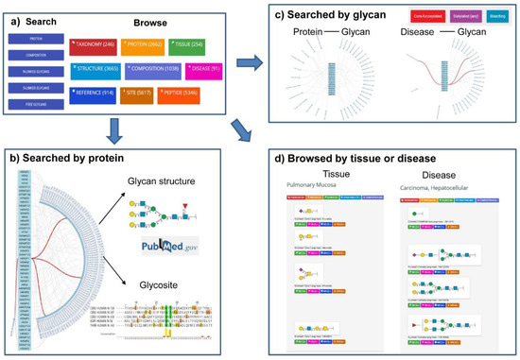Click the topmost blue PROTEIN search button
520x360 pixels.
click(x=34, y=40)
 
